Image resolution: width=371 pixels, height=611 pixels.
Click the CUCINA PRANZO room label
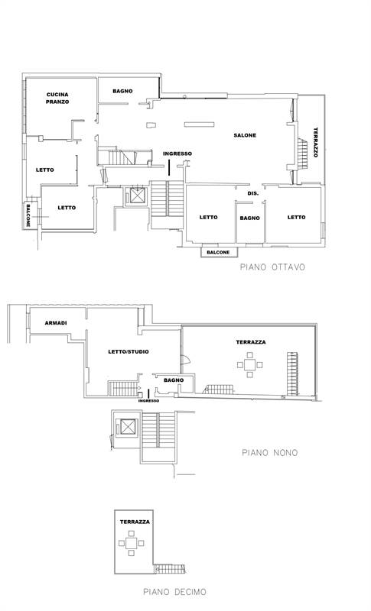(57, 99)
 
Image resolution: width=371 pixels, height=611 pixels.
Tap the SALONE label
(245, 135)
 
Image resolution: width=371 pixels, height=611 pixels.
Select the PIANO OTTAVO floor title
(272, 267)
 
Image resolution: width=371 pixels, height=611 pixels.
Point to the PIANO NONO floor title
(269, 453)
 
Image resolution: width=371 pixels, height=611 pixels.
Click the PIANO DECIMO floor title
(174, 593)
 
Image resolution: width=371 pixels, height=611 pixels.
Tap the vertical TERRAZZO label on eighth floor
(316, 142)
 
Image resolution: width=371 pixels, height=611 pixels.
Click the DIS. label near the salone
(253, 193)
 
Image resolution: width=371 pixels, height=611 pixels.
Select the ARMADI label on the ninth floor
(56, 323)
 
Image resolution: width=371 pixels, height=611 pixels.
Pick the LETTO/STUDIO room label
(129, 351)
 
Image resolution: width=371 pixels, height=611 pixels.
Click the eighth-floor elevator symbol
(136, 196)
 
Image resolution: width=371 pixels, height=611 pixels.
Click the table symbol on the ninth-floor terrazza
(249, 365)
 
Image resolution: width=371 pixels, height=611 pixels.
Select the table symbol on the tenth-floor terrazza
(132, 543)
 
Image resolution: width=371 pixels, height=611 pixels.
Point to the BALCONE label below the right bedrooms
(218, 253)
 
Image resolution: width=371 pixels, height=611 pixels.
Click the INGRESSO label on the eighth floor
(177, 154)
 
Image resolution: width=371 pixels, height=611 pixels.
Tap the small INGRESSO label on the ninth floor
(148, 400)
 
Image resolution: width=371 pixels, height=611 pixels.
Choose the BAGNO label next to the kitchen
(122, 91)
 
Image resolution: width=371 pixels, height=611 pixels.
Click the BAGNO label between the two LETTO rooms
(249, 218)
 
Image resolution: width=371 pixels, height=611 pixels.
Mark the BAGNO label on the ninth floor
(174, 380)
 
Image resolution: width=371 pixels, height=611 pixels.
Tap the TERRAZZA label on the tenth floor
(135, 522)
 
